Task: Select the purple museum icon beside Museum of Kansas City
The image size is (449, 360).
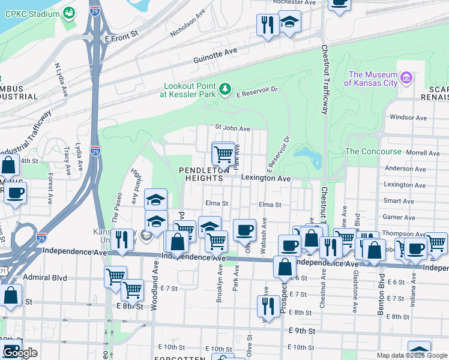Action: click(406, 77)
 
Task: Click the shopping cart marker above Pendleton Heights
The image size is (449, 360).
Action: click(223, 154)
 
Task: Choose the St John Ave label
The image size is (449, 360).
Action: click(232, 128)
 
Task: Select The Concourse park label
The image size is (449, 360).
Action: click(373, 151)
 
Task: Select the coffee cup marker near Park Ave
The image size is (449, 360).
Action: click(244, 230)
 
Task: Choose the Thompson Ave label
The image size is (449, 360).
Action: click(402, 234)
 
